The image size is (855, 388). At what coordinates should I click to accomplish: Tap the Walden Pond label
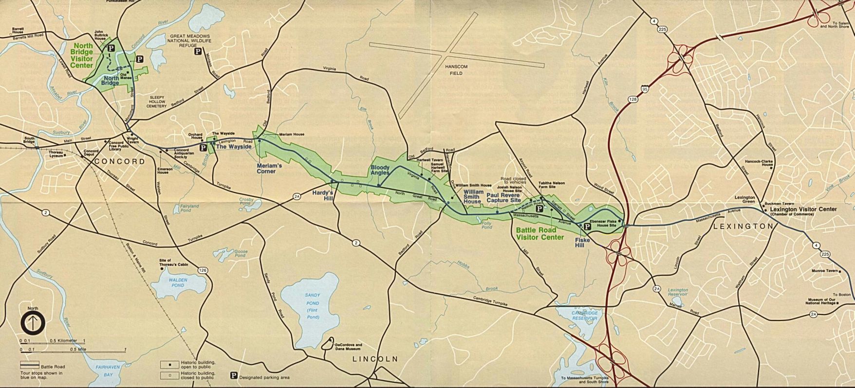178,282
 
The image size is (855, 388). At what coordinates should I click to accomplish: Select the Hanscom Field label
456,70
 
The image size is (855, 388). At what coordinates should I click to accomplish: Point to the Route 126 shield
203,270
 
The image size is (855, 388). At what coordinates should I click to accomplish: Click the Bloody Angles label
380,170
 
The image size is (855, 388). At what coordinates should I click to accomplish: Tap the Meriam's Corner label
270,168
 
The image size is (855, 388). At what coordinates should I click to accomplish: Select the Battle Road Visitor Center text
539,234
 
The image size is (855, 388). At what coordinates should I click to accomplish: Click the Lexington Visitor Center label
803,210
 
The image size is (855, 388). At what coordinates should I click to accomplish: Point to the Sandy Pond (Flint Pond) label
313,306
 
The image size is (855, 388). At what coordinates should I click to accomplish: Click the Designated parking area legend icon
234,376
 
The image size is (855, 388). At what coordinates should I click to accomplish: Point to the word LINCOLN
375,359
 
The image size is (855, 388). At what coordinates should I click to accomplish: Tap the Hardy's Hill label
323,194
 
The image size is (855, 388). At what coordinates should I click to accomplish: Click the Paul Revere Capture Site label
503,197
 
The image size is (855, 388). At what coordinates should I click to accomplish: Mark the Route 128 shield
632,99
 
